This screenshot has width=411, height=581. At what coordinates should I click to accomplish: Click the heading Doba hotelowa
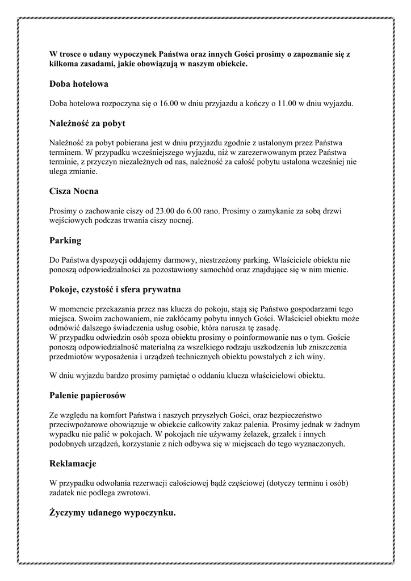tap(79, 84)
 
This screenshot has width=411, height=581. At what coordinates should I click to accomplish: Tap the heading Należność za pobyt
tap(87, 123)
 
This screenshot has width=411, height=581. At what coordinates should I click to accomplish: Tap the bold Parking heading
tap(66, 241)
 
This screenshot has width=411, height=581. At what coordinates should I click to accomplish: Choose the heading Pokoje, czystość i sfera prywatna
tap(115, 290)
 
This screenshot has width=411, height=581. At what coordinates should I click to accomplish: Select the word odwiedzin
tap(114, 338)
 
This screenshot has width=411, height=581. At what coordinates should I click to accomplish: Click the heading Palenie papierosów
tap(88, 394)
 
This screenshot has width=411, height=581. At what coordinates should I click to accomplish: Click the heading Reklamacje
tap(73, 464)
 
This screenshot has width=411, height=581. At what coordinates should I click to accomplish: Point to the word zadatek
tap(64, 492)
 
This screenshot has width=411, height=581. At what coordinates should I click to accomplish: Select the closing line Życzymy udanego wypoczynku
tap(112, 513)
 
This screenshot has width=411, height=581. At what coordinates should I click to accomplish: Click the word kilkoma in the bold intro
tap(66, 64)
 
